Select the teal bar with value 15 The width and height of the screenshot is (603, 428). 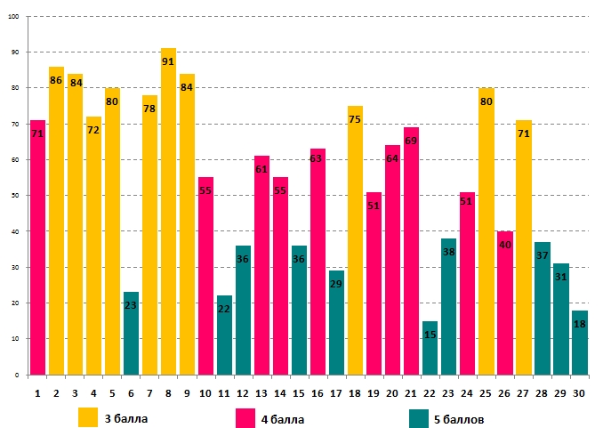click(x=430, y=348)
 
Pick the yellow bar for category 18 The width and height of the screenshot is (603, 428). click(x=356, y=240)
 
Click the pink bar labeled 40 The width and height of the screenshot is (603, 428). click(x=505, y=303)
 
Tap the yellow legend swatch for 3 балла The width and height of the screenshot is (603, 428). click(x=88, y=417)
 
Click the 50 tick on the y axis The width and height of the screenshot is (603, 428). click(x=14, y=196)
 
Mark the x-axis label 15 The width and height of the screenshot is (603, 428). click(x=299, y=391)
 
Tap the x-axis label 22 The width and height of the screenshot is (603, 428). click(x=430, y=391)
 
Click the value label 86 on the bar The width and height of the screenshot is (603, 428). click(x=56, y=80)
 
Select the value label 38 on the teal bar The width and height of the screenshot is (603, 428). click(x=449, y=252)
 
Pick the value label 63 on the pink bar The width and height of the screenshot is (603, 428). click(x=318, y=158)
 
